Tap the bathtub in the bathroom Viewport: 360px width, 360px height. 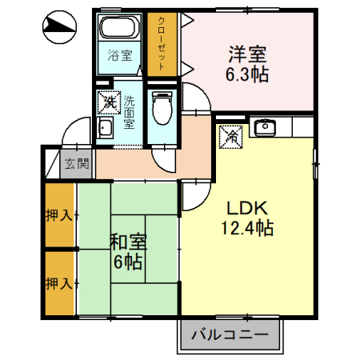click(x=119, y=30)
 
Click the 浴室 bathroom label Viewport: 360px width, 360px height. click(x=119, y=57)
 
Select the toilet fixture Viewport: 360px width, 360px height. click(x=162, y=107)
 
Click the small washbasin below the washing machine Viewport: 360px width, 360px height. click(x=105, y=130)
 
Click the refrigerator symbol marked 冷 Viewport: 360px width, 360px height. click(x=230, y=136)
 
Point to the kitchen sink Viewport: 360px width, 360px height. click(x=264, y=126)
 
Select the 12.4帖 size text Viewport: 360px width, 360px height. click(x=247, y=229)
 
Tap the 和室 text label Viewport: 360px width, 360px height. click(x=126, y=238)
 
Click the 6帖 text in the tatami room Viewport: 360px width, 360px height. click(x=126, y=261)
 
